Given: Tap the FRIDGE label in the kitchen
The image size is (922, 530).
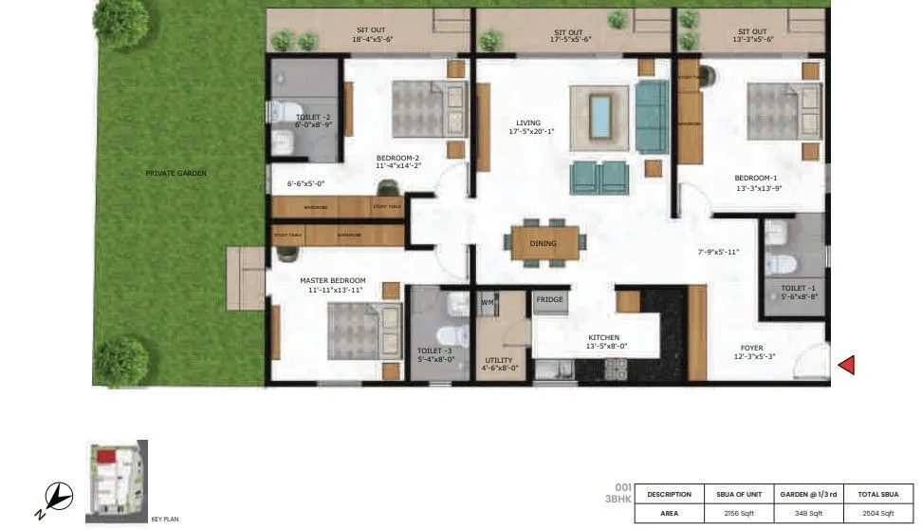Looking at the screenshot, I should [x=549, y=300].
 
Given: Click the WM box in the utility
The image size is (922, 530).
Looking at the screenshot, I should [x=488, y=303].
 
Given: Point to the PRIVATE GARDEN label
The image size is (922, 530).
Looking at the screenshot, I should [x=175, y=174].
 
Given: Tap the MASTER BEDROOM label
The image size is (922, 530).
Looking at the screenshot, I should [x=332, y=281].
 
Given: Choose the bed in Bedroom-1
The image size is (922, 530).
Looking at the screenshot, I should [x=783, y=110].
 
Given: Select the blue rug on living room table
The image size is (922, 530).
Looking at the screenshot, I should [x=599, y=117].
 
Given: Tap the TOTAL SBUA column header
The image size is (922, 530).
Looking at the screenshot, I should [x=878, y=494].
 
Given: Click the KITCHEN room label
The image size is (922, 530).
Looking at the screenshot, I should [x=603, y=337].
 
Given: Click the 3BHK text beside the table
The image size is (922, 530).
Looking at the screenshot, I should [x=618, y=499].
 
